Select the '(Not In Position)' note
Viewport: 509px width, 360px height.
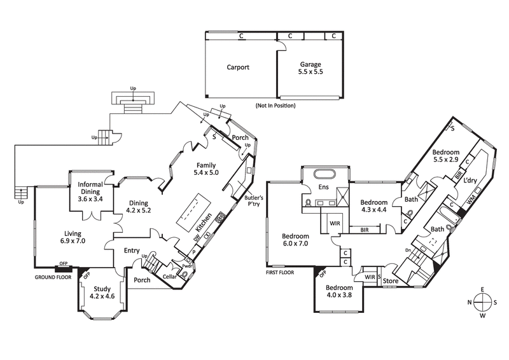click(275, 105)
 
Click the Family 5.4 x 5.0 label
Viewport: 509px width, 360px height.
click(206, 169)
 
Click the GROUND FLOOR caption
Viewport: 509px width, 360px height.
click(55, 277)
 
